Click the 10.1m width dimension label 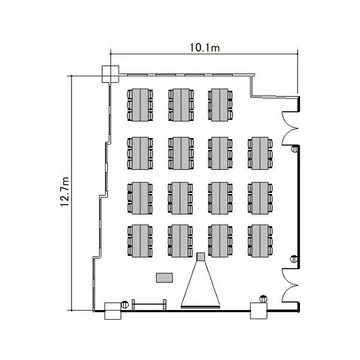(x=204, y=48)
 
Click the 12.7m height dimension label (x=65, y=192)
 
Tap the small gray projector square (x=201, y=257)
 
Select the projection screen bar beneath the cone (x=201, y=307)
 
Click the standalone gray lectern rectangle (x=164, y=277)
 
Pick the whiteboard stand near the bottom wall (x=149, y=304)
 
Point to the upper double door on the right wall (x=290, y=128)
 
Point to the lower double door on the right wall (x=290, y=286)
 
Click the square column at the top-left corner (x=110, y=74)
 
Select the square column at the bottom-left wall (x=113, y=311)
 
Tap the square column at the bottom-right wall (x=259, y=311)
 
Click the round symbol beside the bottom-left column (x=125, y=305)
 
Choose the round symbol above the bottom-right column (x=264, y=299)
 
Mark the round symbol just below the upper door (x=294, y=149)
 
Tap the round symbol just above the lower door (x=294, y=259)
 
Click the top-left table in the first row (x=140, y=105)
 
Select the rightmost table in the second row (x=260, y=153)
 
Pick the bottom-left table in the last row (x=140, y=241)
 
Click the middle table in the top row (x=181, y=105)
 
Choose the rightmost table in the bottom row (x=260, y=241)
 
